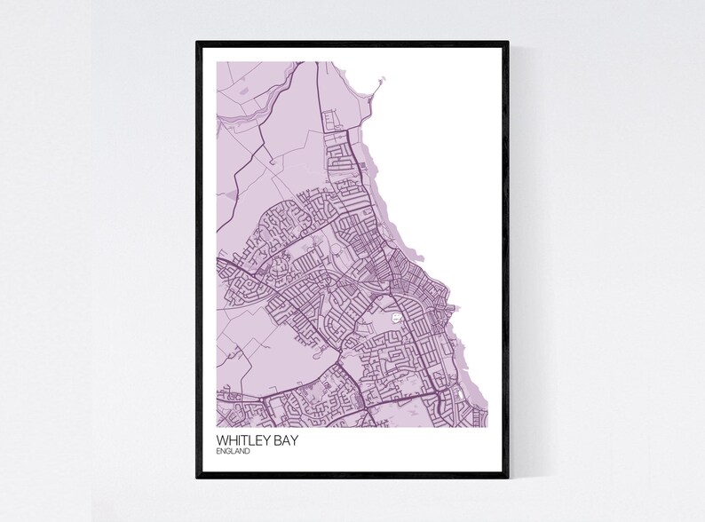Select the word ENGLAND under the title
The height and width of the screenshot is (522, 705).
click(233, 451)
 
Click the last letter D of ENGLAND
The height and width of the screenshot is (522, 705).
click(248, 451)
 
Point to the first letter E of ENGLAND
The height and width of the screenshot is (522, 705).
click(218, 451)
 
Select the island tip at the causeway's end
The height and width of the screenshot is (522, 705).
click(384, 81)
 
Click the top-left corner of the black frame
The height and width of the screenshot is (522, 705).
click(198, 42)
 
